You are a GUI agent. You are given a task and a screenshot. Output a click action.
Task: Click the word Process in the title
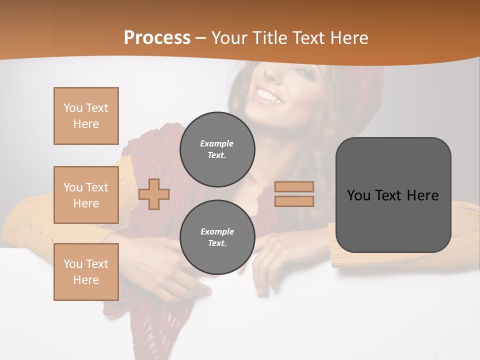[157, 38]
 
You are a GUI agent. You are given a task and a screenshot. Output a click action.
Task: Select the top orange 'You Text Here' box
[86, 116]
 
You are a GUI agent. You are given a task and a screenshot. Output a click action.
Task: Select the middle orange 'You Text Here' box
[86, 195]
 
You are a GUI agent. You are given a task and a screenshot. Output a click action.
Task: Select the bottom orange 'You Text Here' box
[86, 272]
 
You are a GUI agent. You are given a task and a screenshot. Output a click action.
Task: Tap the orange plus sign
[154, 194]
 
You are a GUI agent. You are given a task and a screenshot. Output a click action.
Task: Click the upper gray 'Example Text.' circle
[217, 149]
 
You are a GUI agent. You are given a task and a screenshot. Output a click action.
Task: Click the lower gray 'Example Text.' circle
[217, 237]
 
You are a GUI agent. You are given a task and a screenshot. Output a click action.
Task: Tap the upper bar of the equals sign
[294, 186]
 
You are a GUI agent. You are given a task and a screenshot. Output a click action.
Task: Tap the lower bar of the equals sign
[294, 201]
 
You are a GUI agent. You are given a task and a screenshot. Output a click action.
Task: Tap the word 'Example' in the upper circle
[217, 144]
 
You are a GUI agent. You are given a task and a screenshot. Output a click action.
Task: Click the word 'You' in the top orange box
[73, 108]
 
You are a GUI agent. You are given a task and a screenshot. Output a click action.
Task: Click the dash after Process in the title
[201, 38]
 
